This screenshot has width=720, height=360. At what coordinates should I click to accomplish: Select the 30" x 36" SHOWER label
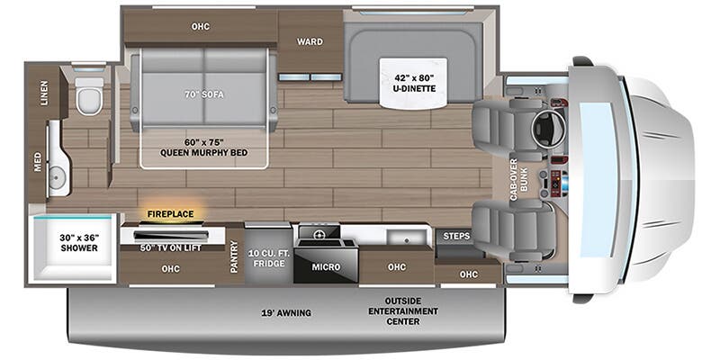(80, 242)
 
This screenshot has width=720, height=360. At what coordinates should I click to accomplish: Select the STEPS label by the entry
(457, 236)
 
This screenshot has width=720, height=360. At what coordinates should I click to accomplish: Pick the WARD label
(310, 40)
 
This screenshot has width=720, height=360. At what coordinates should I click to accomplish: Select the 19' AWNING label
(288, 312)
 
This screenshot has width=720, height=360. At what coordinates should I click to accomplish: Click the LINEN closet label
(45, 94)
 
